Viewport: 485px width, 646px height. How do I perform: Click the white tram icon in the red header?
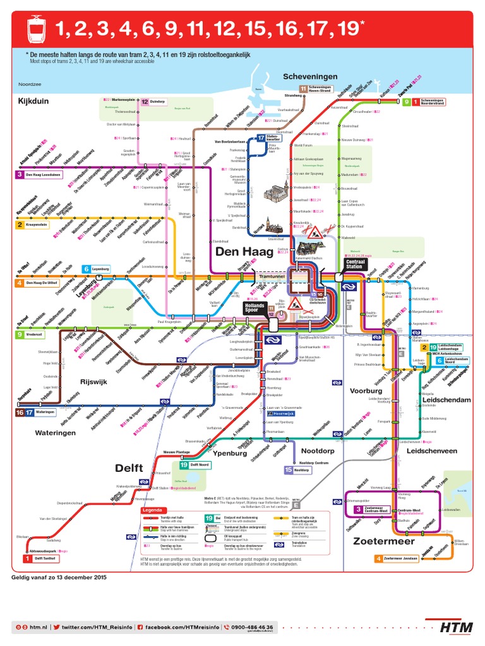pyautogui.click(x=37, y=28)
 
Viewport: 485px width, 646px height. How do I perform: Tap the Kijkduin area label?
pyautogui.click(x=33, y=101)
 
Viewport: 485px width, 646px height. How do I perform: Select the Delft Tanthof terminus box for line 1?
pyautogui.click(x=42, y=558)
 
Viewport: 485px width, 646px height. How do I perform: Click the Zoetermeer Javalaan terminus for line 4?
pyautogui.click(x=397, y=558)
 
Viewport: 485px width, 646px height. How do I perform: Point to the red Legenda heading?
pyautogui.click(x=153, y=510)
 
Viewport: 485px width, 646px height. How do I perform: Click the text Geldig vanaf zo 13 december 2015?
pyautogui.click(x=59, y=577)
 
